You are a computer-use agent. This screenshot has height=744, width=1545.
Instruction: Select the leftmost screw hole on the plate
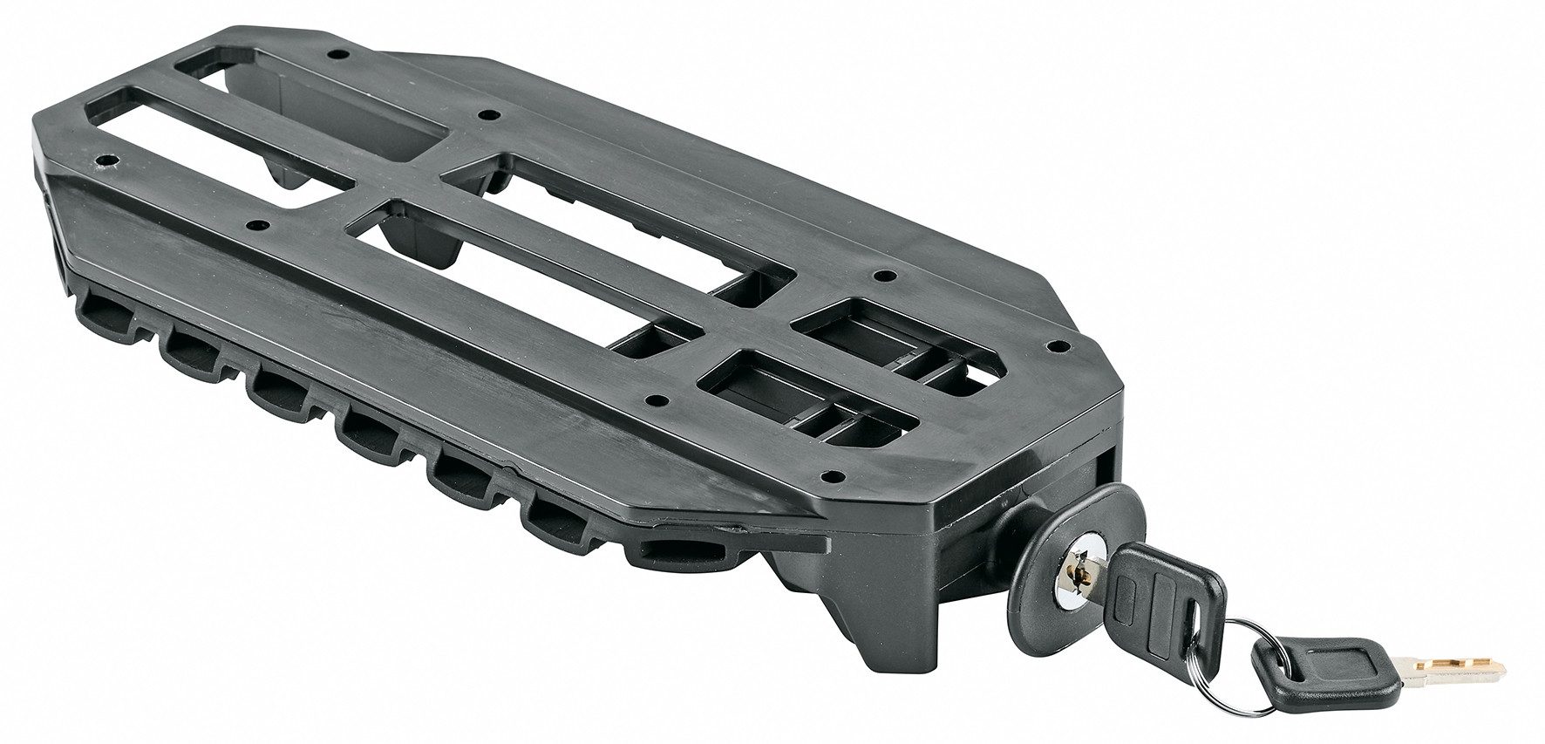click(x=107, y=161)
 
